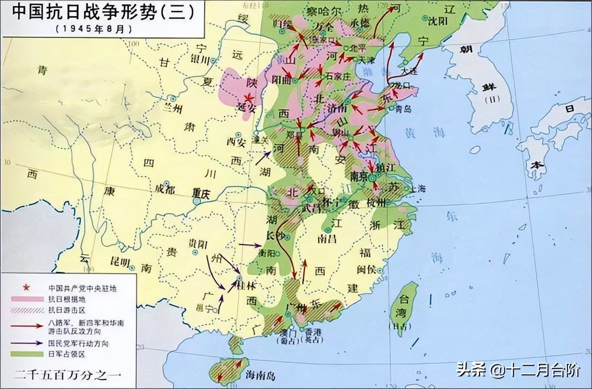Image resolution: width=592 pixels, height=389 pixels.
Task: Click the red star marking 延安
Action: (x=249, y=97)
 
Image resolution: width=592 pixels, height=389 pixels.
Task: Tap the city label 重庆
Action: (x=202, y=194)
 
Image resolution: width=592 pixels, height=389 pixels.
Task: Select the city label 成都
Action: (x=166, y=189)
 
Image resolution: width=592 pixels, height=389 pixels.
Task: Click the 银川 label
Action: (x=201, y=60)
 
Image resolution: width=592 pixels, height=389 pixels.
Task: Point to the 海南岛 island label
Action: (x=260, y=375)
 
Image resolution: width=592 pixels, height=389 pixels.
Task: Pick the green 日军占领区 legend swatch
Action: (x=27, y=354)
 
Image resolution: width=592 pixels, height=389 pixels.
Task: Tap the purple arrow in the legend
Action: (x=27, y=343)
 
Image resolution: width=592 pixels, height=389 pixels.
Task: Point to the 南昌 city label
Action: (x=327, y=239)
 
